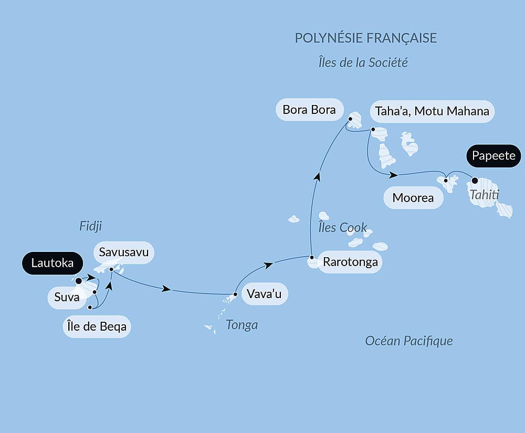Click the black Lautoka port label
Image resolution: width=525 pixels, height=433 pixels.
coord(52,263)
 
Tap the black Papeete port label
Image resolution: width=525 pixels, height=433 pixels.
coord(493,156)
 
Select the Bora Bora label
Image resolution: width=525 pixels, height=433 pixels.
coord(309,110)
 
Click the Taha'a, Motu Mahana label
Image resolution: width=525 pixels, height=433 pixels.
coord(432,111)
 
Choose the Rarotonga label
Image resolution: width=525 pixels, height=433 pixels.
coord(350,262)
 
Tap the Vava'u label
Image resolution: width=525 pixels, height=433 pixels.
coord(264,294)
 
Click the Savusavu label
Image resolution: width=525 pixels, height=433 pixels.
coord(124,253)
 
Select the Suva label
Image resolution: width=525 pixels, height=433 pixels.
coord(66,298)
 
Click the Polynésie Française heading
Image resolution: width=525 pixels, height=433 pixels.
coord(366,38)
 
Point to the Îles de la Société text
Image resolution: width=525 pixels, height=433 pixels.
coord(363,62)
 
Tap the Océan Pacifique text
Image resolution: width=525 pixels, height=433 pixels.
coord(409,341)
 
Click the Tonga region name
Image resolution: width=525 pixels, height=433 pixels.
coord(241,325)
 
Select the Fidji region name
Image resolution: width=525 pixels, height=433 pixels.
coord(90,226)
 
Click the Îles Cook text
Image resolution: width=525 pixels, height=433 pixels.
coord(342,227)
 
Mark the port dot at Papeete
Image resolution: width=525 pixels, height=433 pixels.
coord(475,181)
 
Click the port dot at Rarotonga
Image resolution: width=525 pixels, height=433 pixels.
coord(312,258)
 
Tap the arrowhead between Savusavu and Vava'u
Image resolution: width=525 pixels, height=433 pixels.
coord(166,289)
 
